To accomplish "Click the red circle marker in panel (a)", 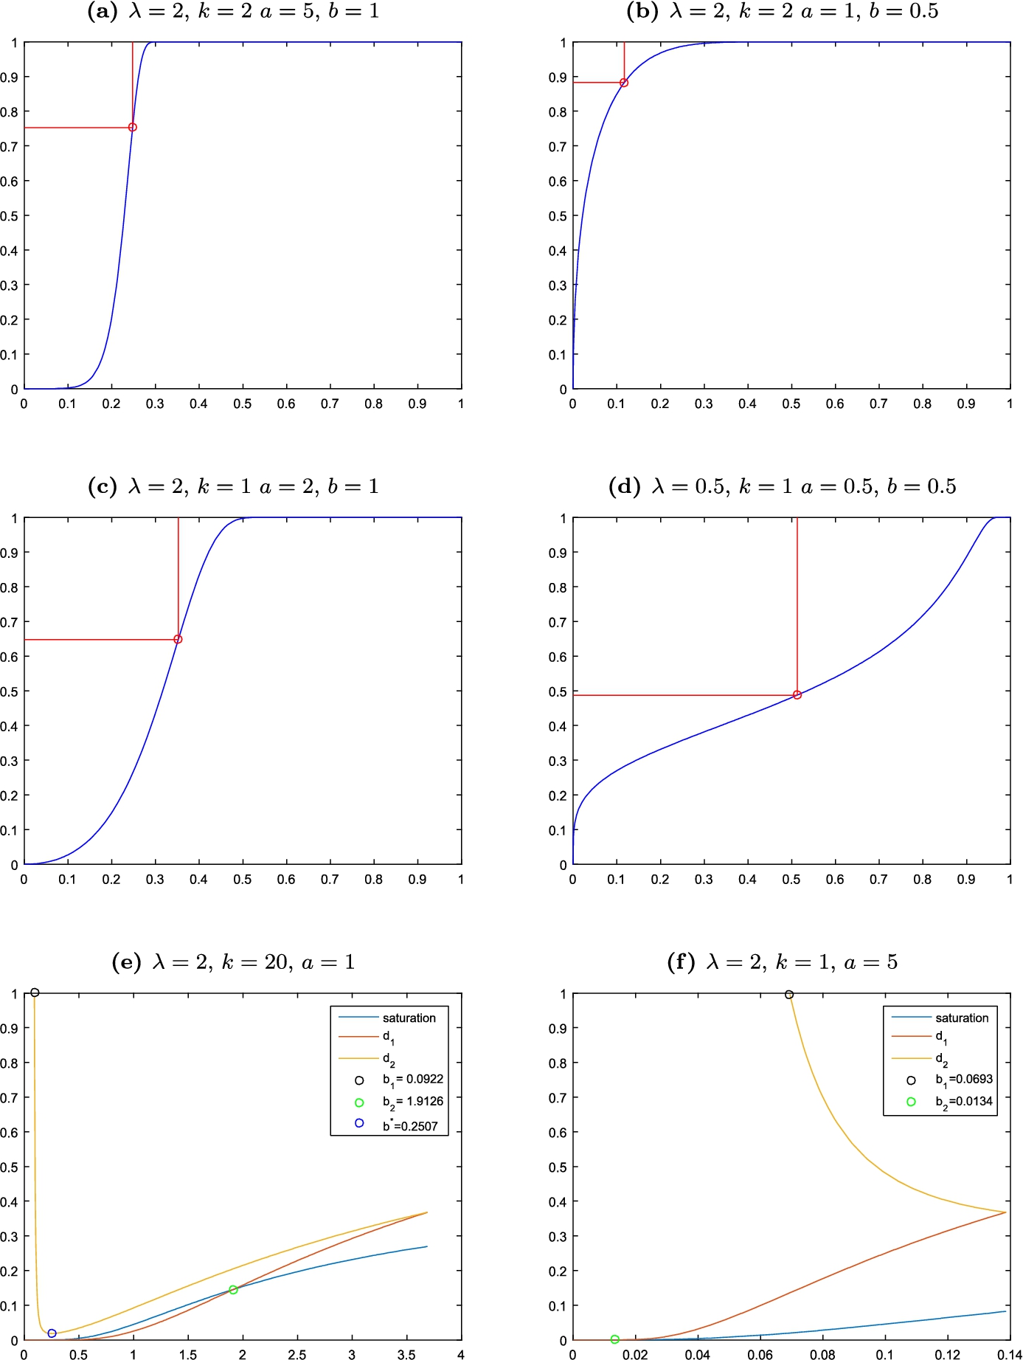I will (x=133, y=128).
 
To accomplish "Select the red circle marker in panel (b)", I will (x=624, y=83).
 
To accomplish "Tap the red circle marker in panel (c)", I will (x=178, y=639).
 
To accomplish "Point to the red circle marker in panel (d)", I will (x=797, y=695).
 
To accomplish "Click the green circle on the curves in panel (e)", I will (x=233, y=1290).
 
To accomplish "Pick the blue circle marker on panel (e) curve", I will (x=52, y=1333).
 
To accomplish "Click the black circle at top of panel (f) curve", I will (x=789, y=995).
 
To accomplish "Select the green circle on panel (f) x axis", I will (x=615, y=1339).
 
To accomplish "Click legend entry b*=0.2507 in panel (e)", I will (x=410, y=1126).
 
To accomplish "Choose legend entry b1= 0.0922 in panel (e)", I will (x=412, y=1079).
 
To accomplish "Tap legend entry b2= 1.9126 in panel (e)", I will (x=412, y=1102).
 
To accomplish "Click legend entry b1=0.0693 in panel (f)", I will (x=963, y=1079).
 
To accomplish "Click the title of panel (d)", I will (x=782, y=486).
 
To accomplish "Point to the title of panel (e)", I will (x=233, y=962).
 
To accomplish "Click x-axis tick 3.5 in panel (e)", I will (x=406, y=1355).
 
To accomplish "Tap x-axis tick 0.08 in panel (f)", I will (x=822, y=1355).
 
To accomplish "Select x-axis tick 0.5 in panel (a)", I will (x=243, y=404).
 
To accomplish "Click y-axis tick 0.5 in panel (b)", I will (x=558, y=216).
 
